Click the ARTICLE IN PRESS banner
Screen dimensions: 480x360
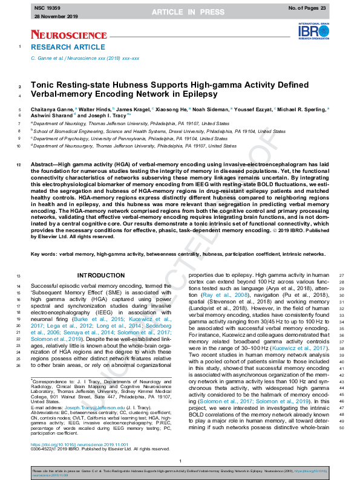[x=180, y=12]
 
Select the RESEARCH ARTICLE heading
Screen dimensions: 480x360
[x=59, y=47]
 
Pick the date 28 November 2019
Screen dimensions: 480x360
[x=51, y=18]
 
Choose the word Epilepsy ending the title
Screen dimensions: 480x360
[x=197, y=95]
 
